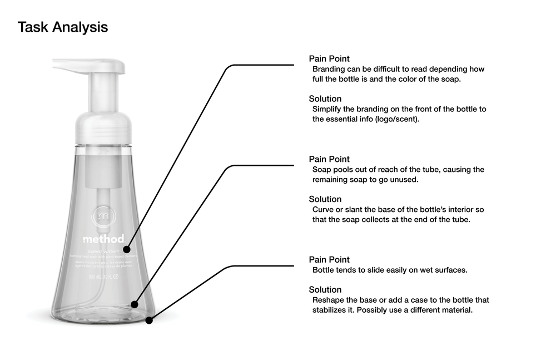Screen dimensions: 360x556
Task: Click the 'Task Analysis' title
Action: (63, 27)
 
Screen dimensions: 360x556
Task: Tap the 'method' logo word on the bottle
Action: (103, 239)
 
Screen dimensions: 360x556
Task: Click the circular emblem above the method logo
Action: (103, 218)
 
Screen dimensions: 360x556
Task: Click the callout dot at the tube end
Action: (134, 304)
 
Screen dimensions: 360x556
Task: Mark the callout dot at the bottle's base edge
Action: (149, 320)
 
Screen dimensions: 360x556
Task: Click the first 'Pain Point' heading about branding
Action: (329, 58)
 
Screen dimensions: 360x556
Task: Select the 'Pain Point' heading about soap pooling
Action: (329, 159)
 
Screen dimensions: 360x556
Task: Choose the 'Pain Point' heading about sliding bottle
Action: (329, 259)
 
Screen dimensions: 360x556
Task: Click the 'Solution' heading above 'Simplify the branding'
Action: (325, 99)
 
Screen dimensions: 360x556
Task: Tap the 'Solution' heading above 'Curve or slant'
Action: (325, 199)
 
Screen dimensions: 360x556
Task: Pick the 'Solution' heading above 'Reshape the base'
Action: (325, 289)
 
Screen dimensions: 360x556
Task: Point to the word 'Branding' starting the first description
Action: (330, 70)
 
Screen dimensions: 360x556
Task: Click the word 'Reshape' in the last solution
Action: (328, 300)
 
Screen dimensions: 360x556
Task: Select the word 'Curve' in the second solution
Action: (323, 209)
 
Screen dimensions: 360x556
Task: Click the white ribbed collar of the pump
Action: (103, 128)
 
